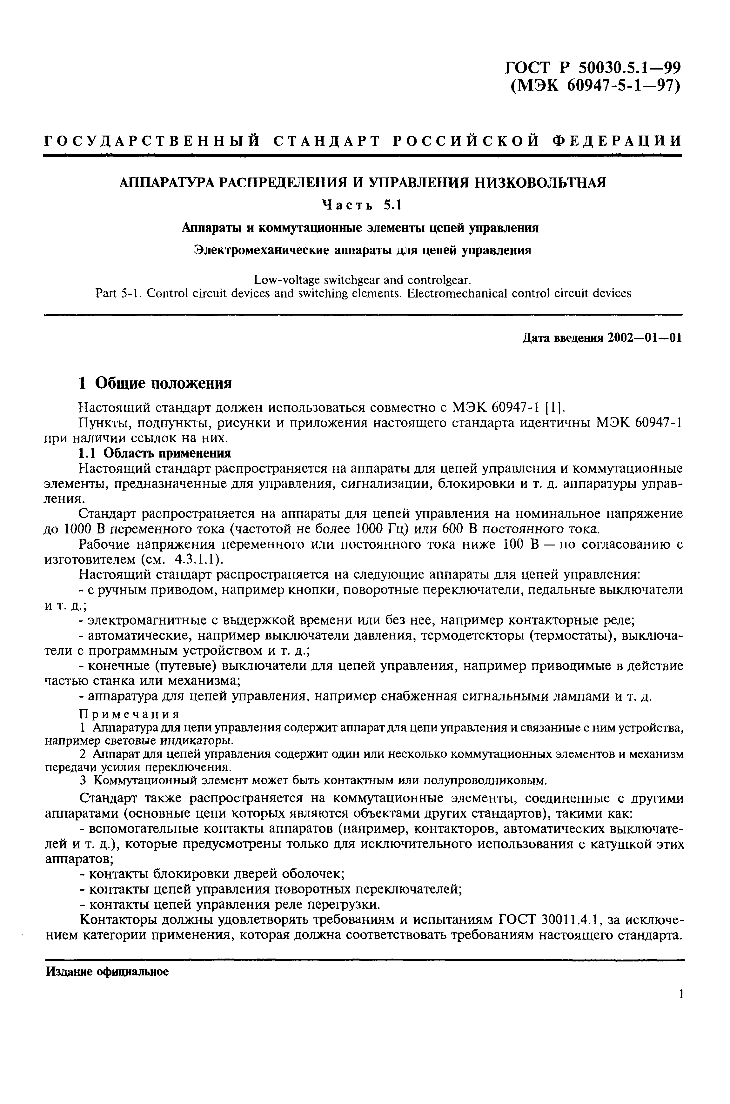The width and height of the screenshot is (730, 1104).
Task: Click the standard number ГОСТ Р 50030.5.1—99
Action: click(592, 68)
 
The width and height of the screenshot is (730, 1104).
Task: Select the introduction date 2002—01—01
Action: click(644, 338)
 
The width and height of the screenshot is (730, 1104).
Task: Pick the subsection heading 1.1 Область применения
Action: click(154, 453)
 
